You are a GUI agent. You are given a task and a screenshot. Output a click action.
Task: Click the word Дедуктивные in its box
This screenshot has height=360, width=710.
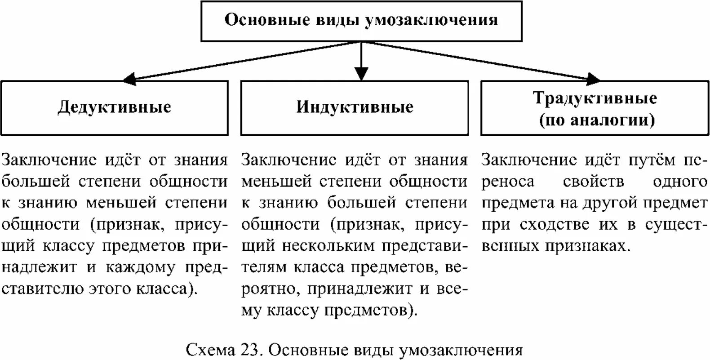coord(114,107)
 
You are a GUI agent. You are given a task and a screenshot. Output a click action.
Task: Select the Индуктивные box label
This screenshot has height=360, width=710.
coord(355,107)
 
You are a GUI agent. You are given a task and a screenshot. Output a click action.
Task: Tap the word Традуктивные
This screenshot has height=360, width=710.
coord(595,98)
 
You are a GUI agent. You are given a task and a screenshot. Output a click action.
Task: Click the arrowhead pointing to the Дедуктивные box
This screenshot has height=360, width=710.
coord(129,80)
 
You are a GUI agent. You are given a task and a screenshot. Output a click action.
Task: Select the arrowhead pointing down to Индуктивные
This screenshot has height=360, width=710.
coord(361,74)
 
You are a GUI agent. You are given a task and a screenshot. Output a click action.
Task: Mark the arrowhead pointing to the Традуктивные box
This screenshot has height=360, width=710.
coord(593,80)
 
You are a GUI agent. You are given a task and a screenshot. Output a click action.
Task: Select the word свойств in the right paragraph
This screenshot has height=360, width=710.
coord(593,182)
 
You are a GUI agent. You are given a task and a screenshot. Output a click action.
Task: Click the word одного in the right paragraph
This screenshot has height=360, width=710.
coord(680,182)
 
